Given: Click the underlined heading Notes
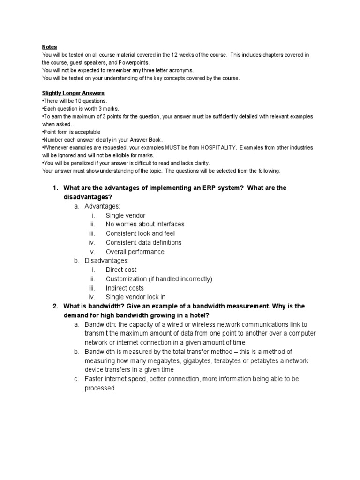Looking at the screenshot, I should (49, 47).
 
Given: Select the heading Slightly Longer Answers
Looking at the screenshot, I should (73, 93).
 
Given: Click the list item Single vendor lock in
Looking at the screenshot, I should (135, 297).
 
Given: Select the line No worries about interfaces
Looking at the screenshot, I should (145, 224).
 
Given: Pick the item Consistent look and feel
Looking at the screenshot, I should (140, 233).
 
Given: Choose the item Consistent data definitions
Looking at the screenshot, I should (143, 242).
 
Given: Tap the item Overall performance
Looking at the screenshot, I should (135, 252).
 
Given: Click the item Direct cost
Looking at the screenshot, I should (121, 270).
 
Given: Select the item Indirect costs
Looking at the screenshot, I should (125, 288).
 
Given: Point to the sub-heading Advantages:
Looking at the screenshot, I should (102, 206).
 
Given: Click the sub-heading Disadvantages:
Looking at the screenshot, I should (106, 261).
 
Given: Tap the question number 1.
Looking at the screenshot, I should (54, 188).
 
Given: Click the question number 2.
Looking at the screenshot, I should (54, 306).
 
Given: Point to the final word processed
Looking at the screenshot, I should (99, 388).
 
